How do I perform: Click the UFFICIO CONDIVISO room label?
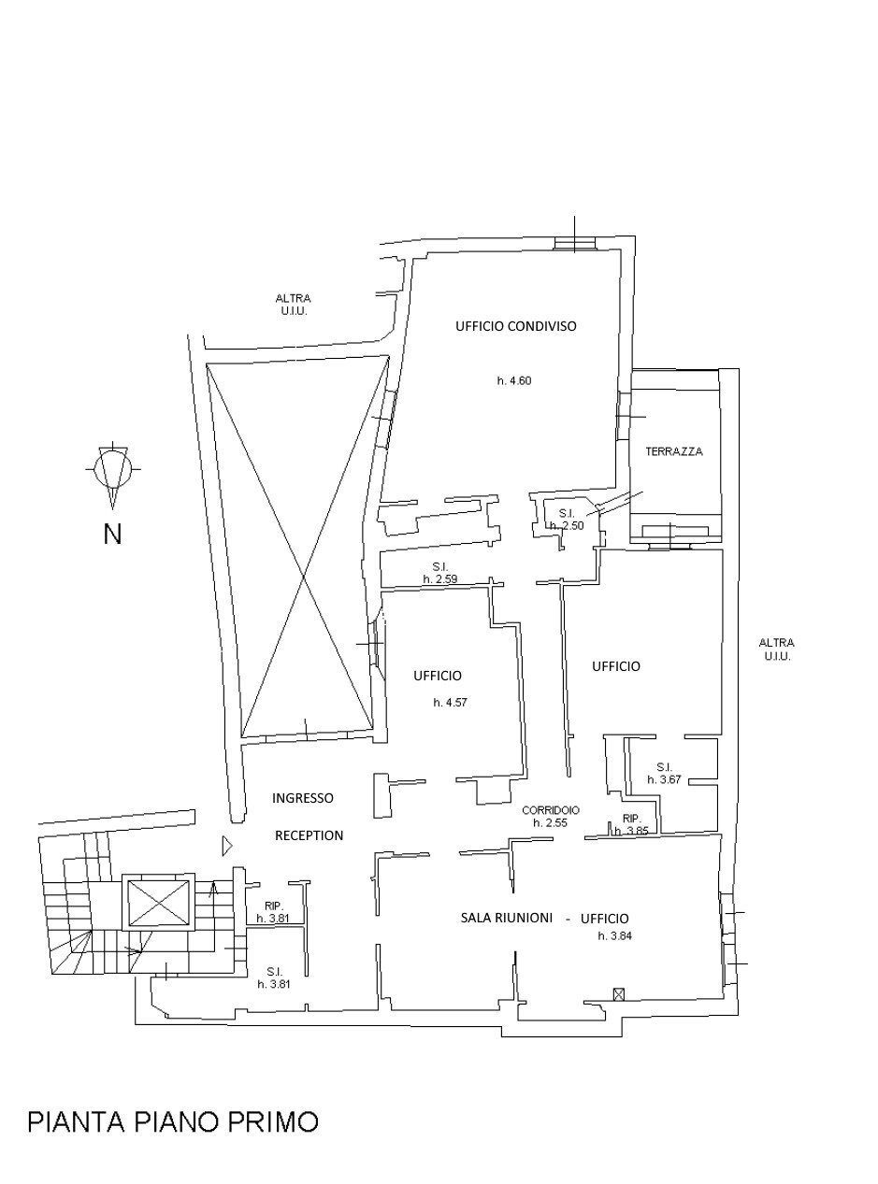click(x=515, y=326)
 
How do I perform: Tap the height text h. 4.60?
click(x=514, y=380)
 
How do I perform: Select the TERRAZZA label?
click(x=673, y=451)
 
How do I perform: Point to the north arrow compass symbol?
click(x=112, y=468)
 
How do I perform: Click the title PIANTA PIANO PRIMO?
click(x=173, y=1121)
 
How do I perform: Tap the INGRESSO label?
click(x=302, y=798)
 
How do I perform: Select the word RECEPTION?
click(x=309, y=835)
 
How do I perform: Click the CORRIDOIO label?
click(x=551, y=810)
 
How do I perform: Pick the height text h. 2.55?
click(x=551, y=823)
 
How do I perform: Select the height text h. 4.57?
click(x=450, y=702)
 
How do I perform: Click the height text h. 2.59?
click(x=439, y=579)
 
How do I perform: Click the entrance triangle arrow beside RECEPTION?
click(x=226, y=846)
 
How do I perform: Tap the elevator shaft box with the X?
click(x=158, y=903)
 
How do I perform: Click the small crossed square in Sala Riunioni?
click(x=617, y=993)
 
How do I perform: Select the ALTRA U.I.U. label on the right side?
click(x=776, y=649)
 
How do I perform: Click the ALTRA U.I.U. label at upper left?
click(x=293, y=305)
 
